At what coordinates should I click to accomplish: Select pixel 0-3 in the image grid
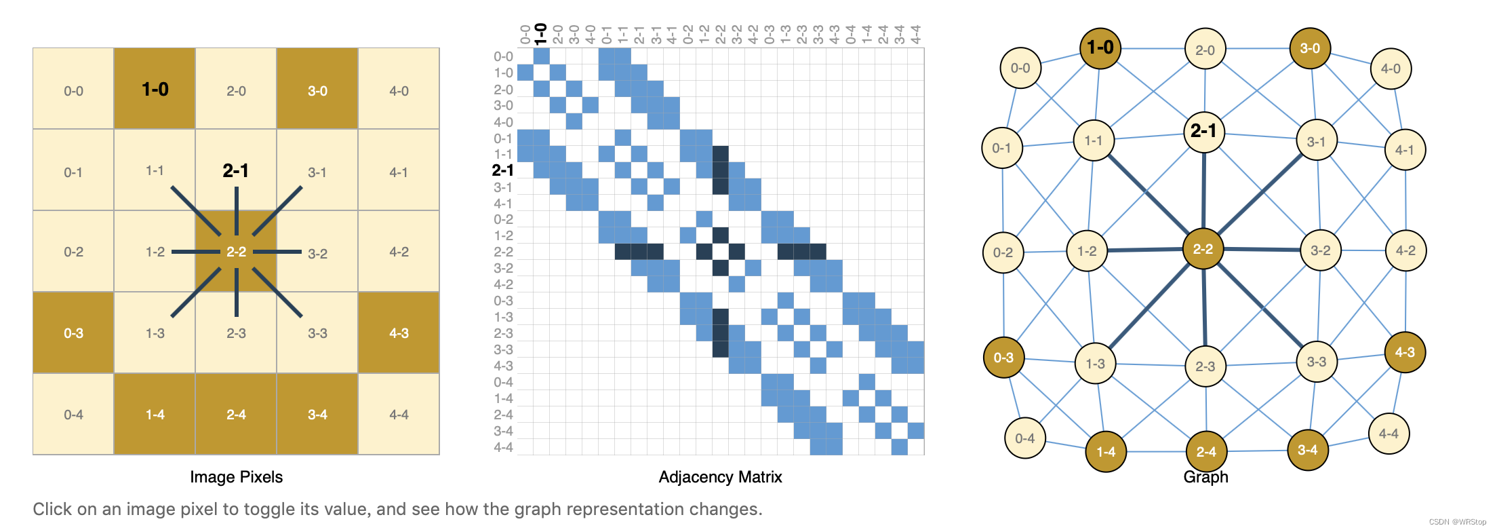tap(73, 333)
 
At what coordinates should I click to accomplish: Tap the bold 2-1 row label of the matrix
tap(502, 170)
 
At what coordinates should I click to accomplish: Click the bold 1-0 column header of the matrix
tap(540, 33)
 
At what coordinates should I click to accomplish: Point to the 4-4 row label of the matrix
tap(503, 447)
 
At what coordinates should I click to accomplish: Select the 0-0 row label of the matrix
tap(503, 57)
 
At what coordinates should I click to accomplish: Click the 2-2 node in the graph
tap(1203, 249)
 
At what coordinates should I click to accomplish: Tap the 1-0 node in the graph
tap(1100, 48)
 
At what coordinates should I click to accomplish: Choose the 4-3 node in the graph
tap(1405, 352)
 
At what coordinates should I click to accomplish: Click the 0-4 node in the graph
tap(1025, 438)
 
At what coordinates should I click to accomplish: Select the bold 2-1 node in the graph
tap(1204, 131)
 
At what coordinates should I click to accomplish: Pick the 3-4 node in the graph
tap(1307, 450)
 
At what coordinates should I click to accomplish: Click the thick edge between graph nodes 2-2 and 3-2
tap(1262, 250)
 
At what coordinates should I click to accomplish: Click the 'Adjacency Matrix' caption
tap(720, 477)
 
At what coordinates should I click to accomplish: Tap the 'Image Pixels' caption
tap(236, 477)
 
